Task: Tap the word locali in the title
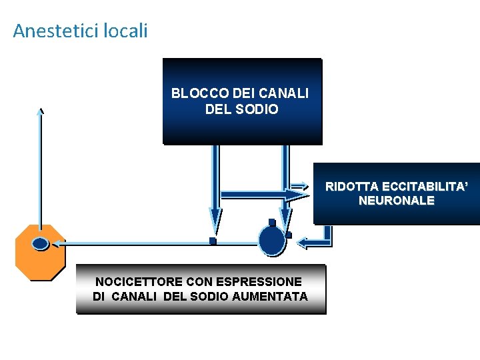click(126, 31)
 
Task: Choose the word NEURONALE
click(396, 200)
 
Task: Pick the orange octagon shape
click(41, 253)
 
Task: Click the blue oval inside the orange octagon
click(41, 244)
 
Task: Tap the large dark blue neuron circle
click(272, 241)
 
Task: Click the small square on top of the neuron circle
click(272, 223)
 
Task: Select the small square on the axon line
click(213, 241)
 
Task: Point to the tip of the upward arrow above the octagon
click(41, 111)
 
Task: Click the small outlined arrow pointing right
click(299, 187)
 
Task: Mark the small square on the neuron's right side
click(289, 235)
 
